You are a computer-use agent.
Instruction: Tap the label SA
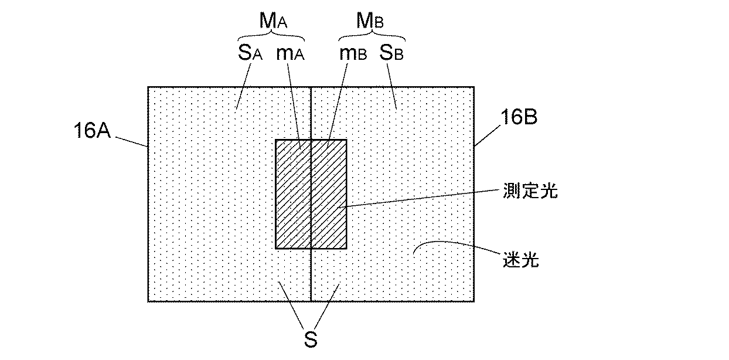pyautogui.click(x=249, y=55)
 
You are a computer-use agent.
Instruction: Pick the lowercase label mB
pyautogui.click(x=353, y=55)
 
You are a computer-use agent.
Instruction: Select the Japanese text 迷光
pyautogui.click(x=521, y=259)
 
